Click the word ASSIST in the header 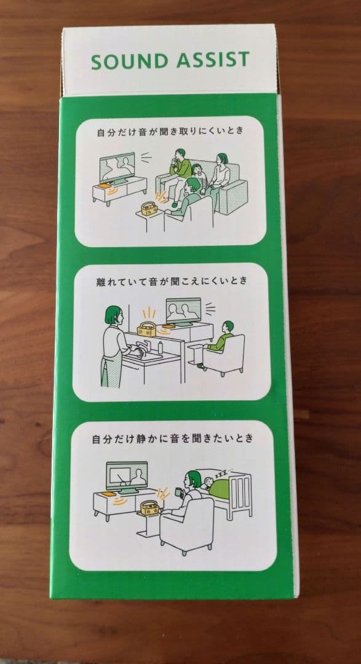tap(213, 60)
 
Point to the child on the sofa tap(198, 178)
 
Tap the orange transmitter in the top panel tap(104, 185)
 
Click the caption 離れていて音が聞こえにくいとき tap(171, 280)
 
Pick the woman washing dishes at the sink tap(114, 345)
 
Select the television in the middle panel tap(184, 311)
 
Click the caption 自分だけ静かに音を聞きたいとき tap(172, 438)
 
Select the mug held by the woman tap(178, 492)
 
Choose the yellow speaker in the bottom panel tap(149, 508)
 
